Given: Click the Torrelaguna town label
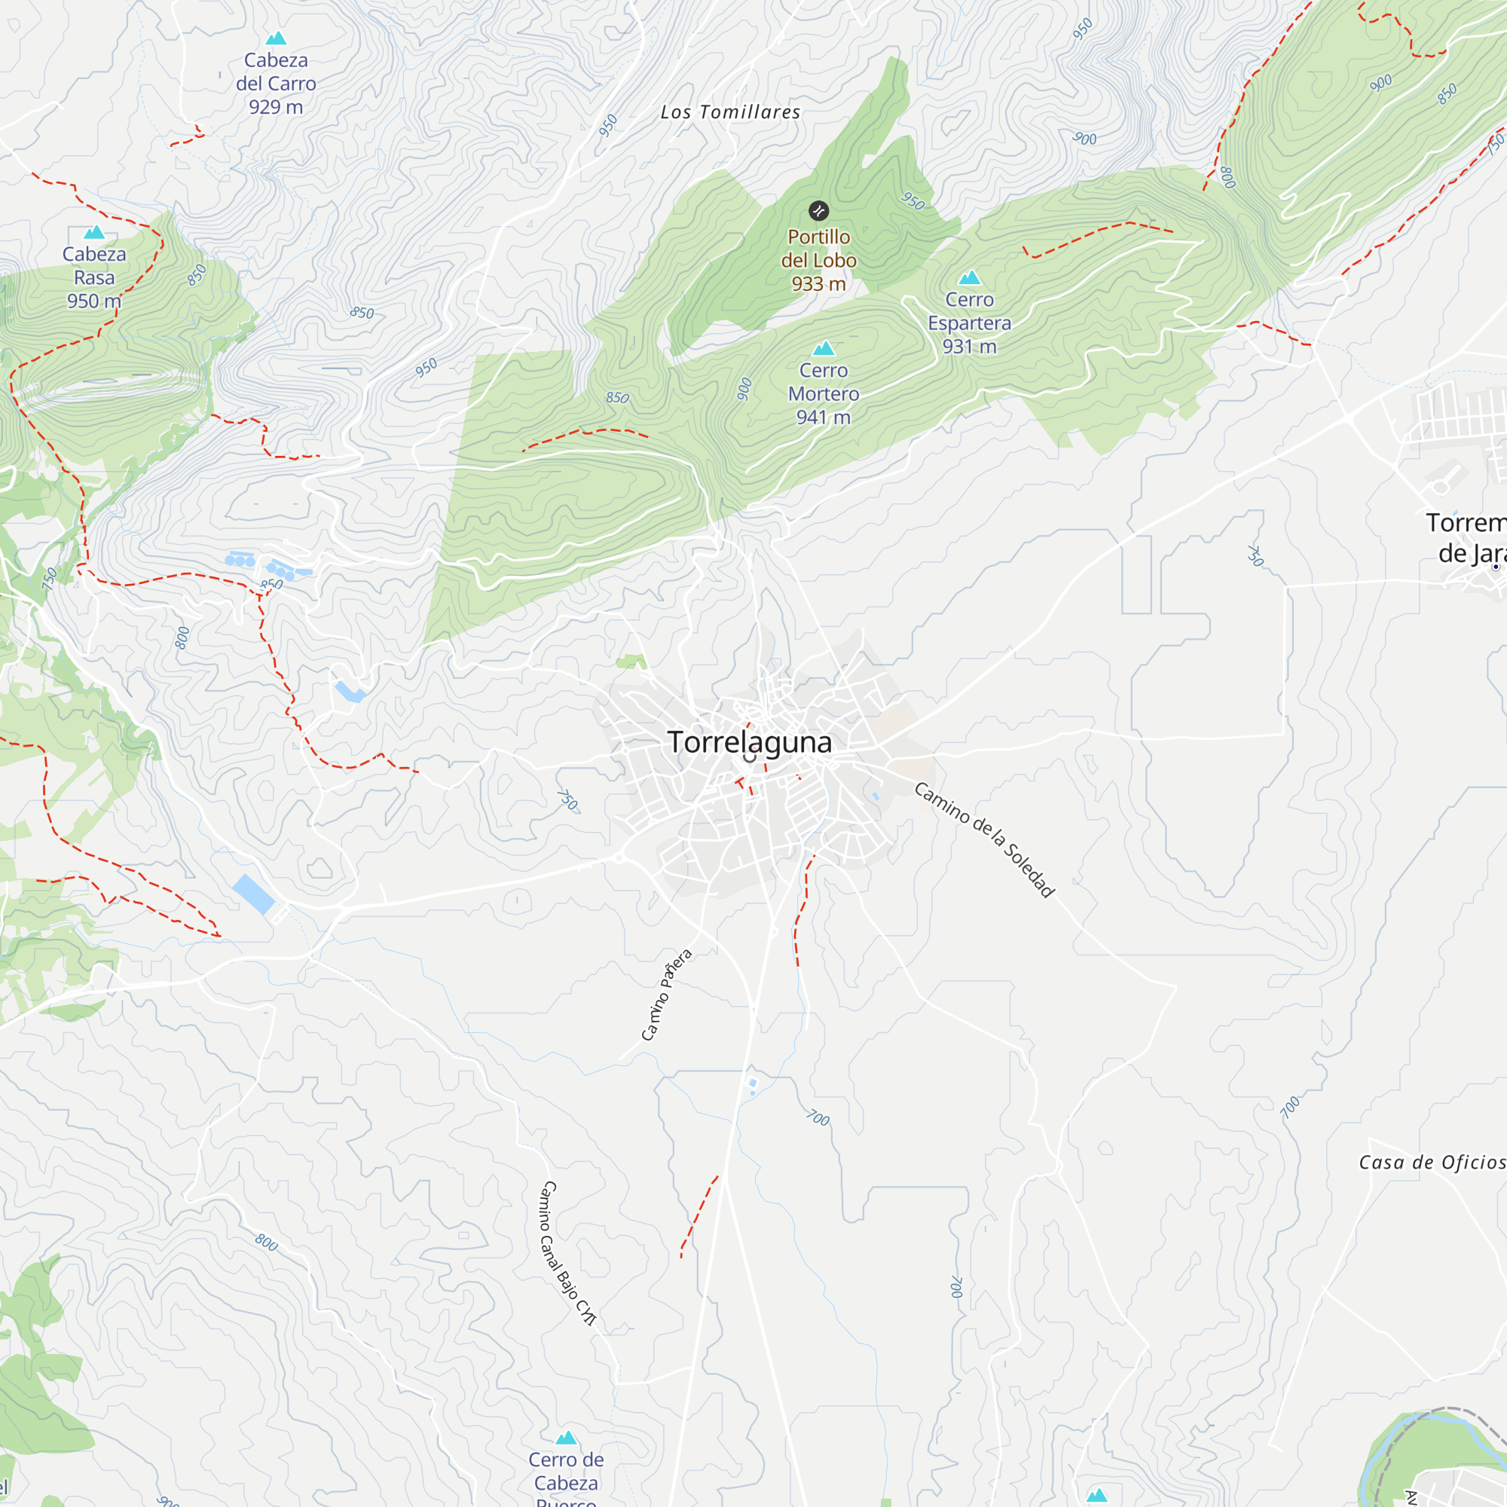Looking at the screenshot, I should (x=749, y=741).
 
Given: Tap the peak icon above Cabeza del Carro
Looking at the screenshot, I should (x=276, y=38).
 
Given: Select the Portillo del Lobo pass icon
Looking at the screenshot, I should (x=818, y=211).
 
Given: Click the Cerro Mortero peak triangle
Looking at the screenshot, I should (x=824, y=349).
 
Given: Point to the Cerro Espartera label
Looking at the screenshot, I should (x=969, y=311).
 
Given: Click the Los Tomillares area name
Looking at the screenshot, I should (x=730, y=112).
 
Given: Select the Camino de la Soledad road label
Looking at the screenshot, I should (x=984, y=839).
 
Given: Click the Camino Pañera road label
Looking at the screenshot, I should (x=665, y=995).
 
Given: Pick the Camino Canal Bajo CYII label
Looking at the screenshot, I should (x=567, y=1254).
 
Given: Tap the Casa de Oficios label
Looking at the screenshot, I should (x=1432, y=1163).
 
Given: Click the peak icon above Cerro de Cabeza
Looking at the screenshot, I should (x=567, y=1438).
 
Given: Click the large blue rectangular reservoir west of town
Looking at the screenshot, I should (x=253, y=894).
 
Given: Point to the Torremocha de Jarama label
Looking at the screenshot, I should (x=1466, y=538).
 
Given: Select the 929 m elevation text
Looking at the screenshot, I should (x=276, y=108).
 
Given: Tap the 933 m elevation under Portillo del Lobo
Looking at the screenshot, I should (x=818, y=284).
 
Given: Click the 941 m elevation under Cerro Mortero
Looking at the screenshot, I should (x=823, y=417).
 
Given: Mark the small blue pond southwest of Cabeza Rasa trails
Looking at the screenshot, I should (x=350, y=691).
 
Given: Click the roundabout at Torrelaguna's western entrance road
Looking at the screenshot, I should (x=619, y=858).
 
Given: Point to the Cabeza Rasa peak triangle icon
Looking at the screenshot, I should (x=94, y=232).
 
